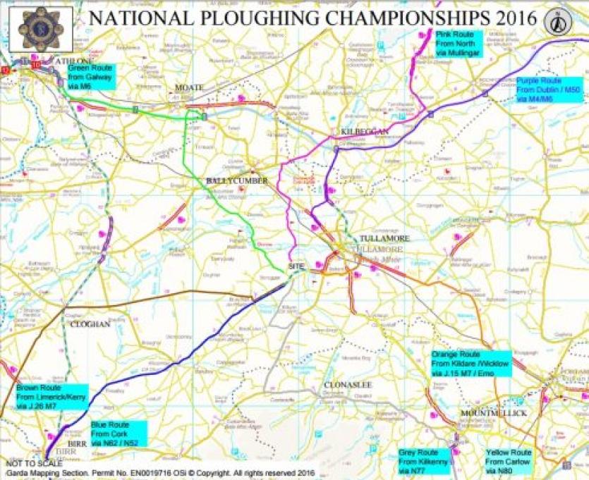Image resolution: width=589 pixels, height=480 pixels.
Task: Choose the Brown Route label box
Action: point(47,398)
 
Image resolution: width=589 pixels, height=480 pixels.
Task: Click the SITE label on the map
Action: point(296,266)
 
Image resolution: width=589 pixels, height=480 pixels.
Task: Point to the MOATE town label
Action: point(189,87)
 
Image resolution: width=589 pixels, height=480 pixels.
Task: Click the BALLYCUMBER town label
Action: point(237,181)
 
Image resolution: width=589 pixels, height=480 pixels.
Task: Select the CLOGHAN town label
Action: point(90,325)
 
